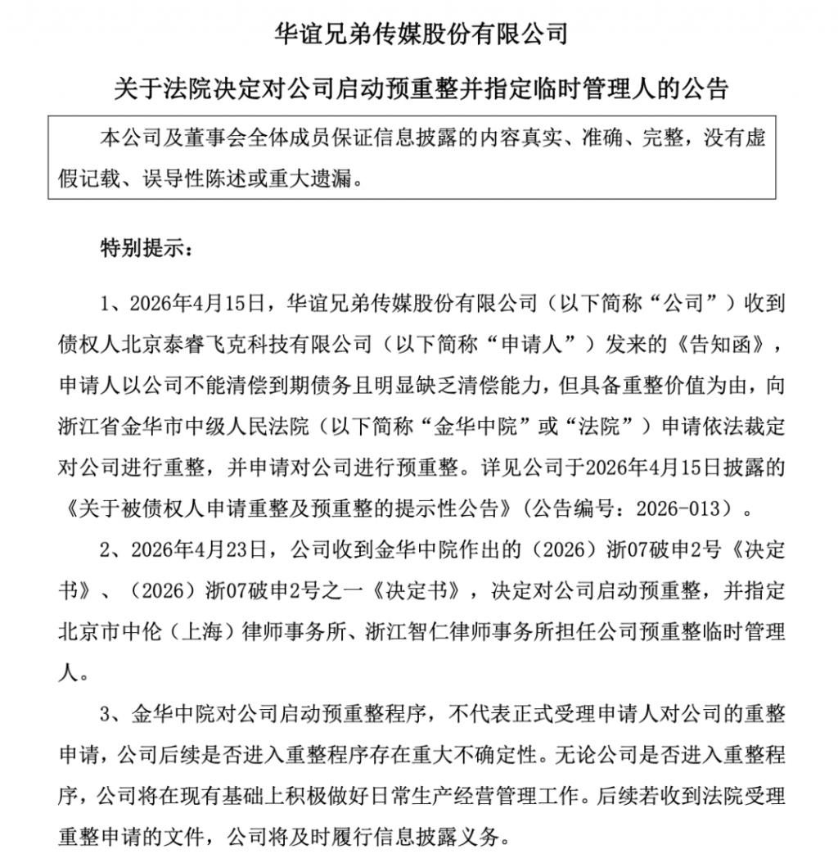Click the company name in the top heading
(418, 34)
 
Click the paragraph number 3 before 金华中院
(106, 715)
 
